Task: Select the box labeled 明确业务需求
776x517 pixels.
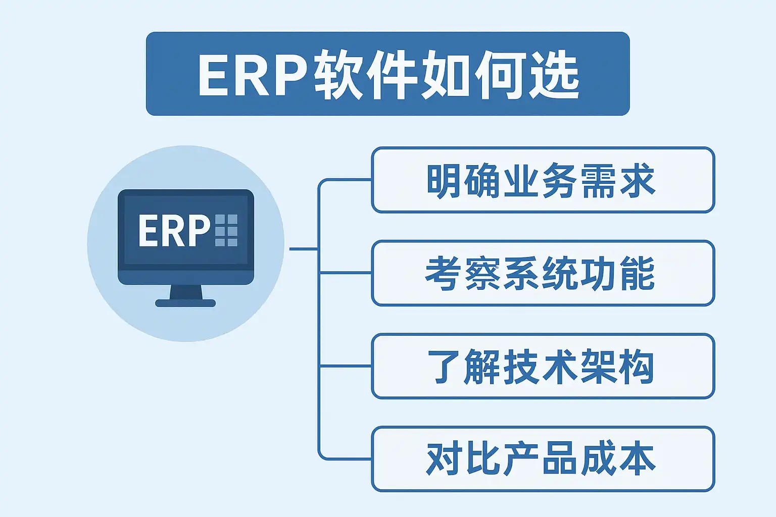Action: [543, 180]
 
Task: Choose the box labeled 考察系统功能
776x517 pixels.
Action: [543, 273]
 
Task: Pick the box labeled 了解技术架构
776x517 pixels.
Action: [543, 366]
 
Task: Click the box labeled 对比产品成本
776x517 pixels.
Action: [543, 459]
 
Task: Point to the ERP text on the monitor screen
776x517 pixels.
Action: [174, 231]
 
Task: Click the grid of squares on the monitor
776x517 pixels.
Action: [226, 230]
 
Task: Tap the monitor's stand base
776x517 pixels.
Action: [185, 303]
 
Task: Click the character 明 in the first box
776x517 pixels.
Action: [445, 180]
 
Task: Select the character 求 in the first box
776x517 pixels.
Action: [638, 180]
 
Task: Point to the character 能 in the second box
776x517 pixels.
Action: [638, 273]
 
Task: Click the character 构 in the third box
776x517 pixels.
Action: [638, 366]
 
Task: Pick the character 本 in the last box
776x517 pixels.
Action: [638, 459]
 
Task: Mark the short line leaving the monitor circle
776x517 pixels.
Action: [303, 249]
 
